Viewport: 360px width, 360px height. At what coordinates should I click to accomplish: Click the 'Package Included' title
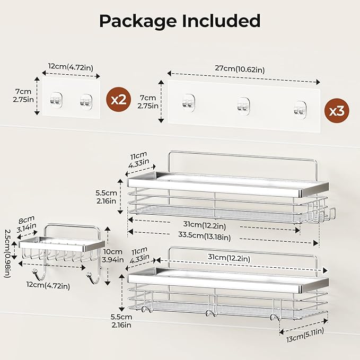coord(180,21)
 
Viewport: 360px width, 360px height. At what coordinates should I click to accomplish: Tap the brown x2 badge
coord(119,99)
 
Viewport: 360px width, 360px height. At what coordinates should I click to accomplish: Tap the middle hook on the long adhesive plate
coord(243,105)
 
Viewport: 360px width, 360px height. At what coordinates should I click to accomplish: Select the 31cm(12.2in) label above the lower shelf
coord(228,257)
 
